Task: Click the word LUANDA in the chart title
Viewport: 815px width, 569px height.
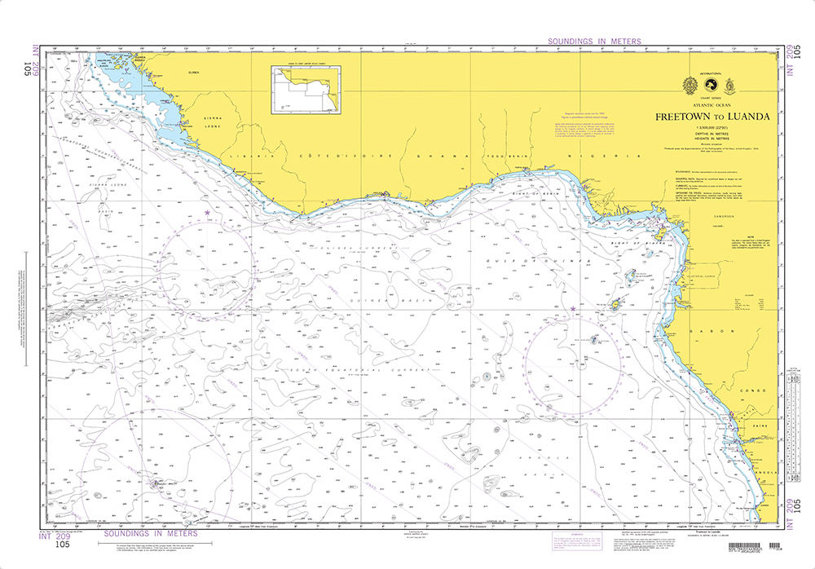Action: [x=744, y=117]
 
